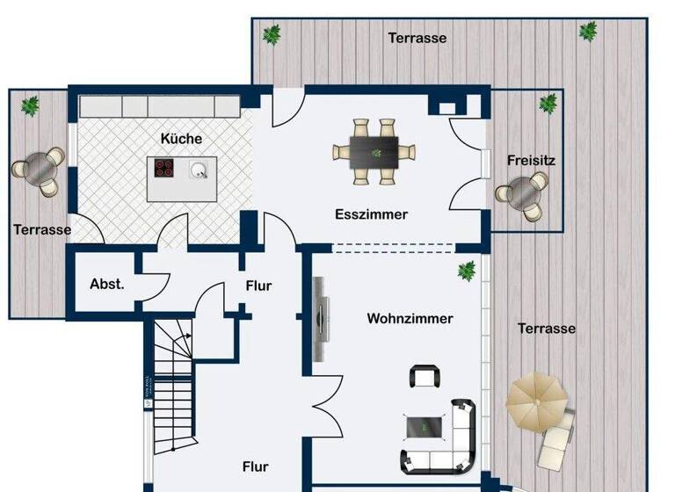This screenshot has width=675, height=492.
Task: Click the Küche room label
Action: tap(181, 139)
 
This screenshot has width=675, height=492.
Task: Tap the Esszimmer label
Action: tap(371, 214)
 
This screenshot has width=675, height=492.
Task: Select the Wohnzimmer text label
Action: tap(410, 319)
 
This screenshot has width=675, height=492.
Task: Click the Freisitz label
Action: tap(531, 161)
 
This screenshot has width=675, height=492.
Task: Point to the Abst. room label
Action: tap(106, 284)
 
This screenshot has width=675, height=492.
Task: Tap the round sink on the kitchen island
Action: tap(200, 169)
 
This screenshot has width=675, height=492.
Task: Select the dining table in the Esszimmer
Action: tap(374, 151)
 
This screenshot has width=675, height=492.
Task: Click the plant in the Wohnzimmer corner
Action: tap(466, 270)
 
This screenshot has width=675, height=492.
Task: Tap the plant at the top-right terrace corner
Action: tap(587, 33)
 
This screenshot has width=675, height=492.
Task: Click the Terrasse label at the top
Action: tap(417, 38)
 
